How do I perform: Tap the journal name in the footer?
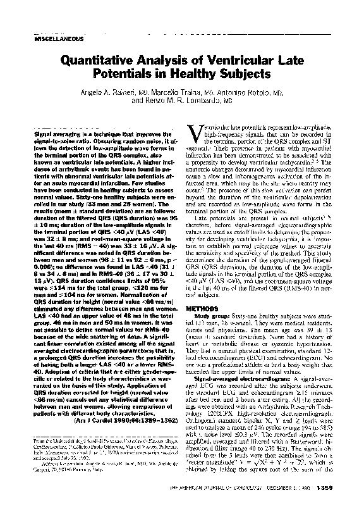click(243, 504)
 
